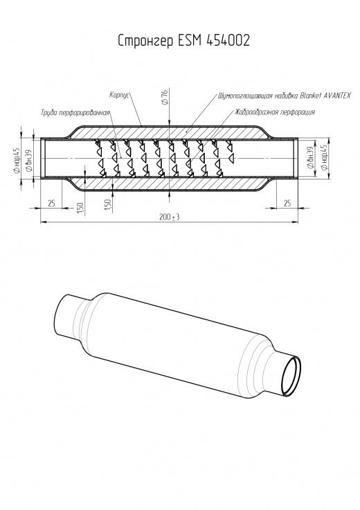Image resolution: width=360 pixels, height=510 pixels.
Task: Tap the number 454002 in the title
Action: pos(228,40)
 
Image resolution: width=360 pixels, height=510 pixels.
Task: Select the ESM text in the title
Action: pos(190,40)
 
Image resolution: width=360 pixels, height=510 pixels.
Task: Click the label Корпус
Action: pos(120,96)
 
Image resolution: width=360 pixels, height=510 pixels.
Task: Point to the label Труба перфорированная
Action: pos(75,113)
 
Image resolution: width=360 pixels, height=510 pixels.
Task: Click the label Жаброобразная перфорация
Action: pos(275,112)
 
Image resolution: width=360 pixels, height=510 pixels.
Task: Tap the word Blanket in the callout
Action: pos(311,96)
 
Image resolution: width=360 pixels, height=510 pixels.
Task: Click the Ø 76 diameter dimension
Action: pos(164,96)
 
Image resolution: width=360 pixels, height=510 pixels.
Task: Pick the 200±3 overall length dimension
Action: pos(170,217)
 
